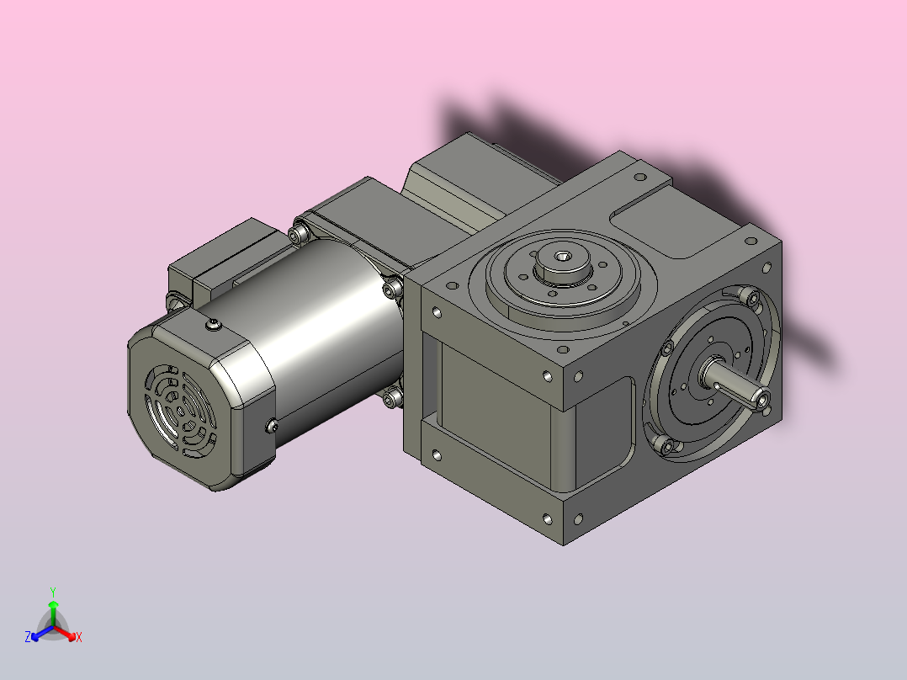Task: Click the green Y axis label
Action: click(x=53, y=591)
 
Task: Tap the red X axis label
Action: click(x=78, y=637)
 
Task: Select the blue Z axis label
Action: click(x=28, y=637)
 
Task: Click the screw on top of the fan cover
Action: click(x=210, y=324)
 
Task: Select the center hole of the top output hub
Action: click(x=562, y=256)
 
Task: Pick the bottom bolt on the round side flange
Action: click(x=668, y=445)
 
